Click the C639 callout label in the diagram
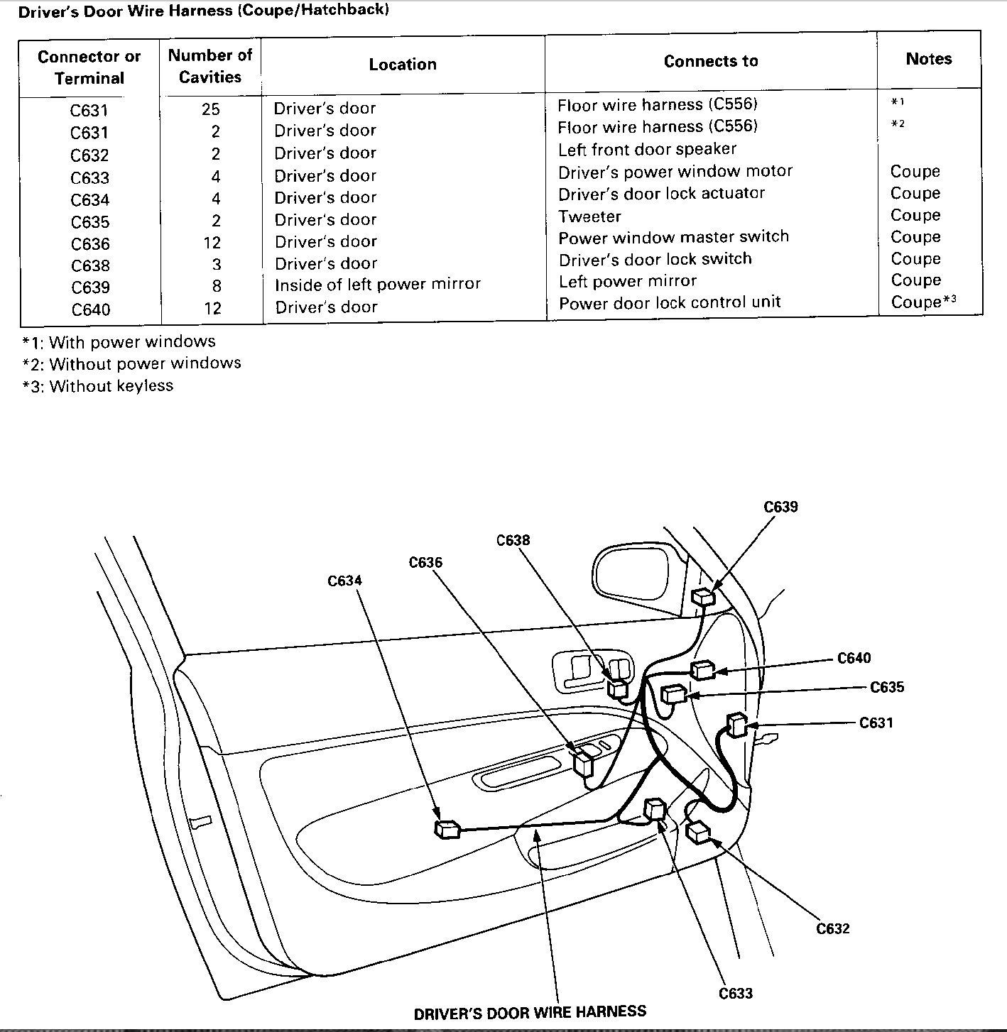click(x=780, y=507)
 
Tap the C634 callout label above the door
click(x=344, y=581)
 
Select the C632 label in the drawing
click(x=833, y=928)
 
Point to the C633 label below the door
click(x=735, y=993)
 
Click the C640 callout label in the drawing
click(x=854, y=658)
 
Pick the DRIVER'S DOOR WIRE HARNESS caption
click(x=530, y=1012)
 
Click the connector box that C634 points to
click(x=447, y=829)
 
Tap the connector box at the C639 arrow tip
click(x=703, y=597)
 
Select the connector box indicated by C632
click(x=700, y=831)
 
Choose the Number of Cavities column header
click(x=210, y=66)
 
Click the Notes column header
click(x=928, y=60)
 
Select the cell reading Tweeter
click(x=589, y=216)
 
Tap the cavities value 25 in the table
click(x=211, y=109)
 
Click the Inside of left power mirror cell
click(x=378, y=285)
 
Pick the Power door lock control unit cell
click(x=670, y=303)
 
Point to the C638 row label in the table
click(x=90, y=266)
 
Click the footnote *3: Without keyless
click(x=98, y=386)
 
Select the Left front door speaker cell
click(x=647, y=150)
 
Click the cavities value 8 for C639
click(x=217, y=286)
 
